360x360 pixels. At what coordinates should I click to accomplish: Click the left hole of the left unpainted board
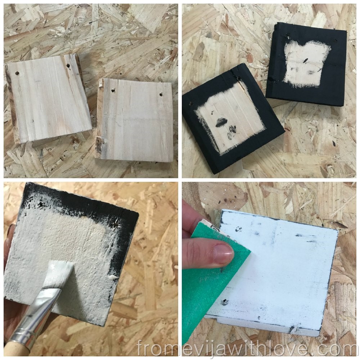(17, 74)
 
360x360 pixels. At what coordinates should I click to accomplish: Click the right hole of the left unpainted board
(68, 66)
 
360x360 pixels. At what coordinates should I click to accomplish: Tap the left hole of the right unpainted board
(113, 90)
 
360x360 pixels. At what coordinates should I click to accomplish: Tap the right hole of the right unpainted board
(161, 94)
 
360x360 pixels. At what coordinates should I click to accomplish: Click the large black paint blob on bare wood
(221, 122)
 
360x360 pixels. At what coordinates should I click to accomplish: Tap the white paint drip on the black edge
(114, 277)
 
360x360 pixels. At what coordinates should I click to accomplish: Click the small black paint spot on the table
(334, 144)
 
